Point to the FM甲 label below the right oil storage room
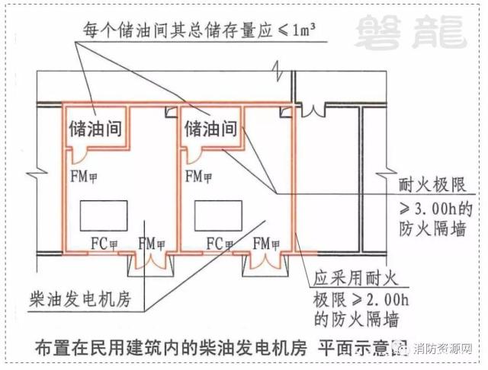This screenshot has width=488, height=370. click(200, 177)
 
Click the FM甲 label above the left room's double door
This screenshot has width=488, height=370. click(151, 244)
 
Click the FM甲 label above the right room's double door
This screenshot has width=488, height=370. click(267, 244)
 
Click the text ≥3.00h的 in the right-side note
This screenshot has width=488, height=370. click(432, 207)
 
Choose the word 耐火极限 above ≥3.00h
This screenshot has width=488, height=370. click(432, 186)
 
